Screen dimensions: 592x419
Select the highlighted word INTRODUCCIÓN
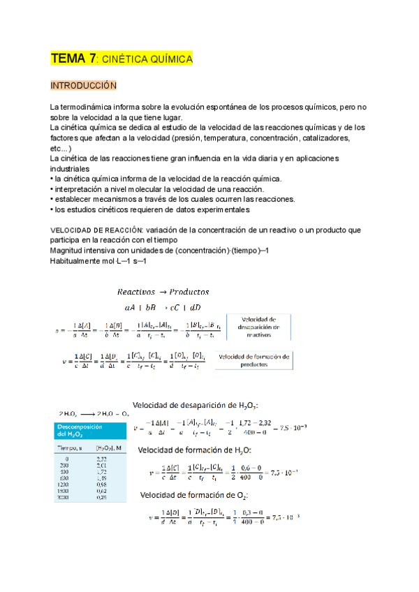82,85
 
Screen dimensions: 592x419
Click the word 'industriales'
69,169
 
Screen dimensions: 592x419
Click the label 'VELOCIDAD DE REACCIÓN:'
92,230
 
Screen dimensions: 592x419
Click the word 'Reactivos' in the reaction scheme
137,291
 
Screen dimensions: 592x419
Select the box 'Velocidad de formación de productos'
253,359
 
